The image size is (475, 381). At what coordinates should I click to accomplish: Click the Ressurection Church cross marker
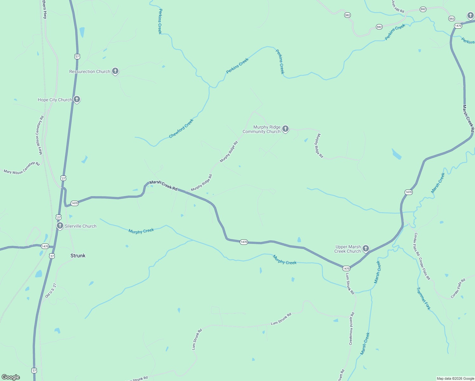[115, 71]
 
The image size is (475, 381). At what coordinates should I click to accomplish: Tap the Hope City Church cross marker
[77, 99]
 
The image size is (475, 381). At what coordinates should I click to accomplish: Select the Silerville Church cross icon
[60, 226]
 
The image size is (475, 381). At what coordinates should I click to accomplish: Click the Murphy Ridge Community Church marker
[285, 129]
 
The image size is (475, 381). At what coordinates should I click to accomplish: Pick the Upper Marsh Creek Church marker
[366, 248]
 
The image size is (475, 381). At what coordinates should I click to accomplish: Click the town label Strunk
[78, 256]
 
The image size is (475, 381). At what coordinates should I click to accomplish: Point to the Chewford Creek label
[181, 129]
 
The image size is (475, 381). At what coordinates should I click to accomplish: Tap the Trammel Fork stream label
[424, 298]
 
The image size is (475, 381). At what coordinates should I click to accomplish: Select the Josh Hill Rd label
[398, 6]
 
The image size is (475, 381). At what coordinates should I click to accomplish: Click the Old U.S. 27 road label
[50, 291]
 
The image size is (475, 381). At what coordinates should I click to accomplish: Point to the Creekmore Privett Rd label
[351, 328]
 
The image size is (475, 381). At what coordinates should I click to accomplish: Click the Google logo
[11, 377]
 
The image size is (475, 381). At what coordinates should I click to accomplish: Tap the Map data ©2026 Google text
[455, 378]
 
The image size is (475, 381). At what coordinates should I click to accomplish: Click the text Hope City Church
[55, 100]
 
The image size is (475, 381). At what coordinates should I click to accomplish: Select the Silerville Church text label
[80, 226]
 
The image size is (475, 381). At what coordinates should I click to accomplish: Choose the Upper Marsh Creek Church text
[348, 249]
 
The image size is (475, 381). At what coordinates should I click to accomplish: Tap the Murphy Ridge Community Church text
[262, 129]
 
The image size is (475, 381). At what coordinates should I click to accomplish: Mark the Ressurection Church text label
[90, 71]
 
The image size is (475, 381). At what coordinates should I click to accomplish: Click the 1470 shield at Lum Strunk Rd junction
[346, 269]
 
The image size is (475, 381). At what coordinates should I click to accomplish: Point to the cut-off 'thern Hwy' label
[45, 10]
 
